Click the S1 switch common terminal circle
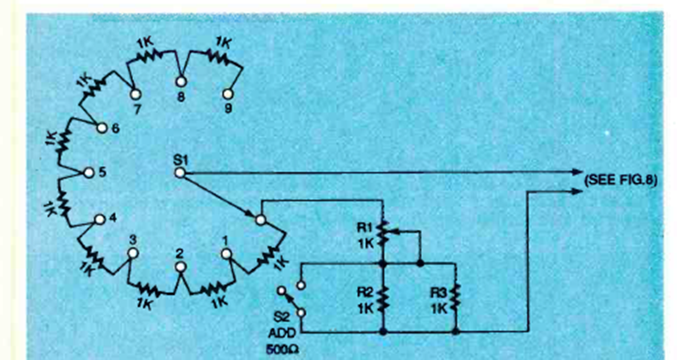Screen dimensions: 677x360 pos(180,173)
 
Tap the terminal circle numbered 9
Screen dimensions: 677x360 pos(227,94)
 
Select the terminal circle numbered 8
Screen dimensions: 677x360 pos(181,80)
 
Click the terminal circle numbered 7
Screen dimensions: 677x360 pos(135,94)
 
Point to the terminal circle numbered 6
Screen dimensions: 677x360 pos(102,128)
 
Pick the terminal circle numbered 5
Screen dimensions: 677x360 pos(88,173)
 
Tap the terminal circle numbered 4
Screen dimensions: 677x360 pos(100,219)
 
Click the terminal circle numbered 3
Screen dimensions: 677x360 pos(133,253)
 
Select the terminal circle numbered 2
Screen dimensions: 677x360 pos(180,267)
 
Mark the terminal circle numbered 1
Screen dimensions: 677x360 pos(226,253)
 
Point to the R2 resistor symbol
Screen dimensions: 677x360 pos(382,298)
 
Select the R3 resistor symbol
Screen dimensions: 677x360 pos(456,298)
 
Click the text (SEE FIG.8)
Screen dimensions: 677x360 pos(621,180)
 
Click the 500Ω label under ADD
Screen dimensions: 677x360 pos(282,349)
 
